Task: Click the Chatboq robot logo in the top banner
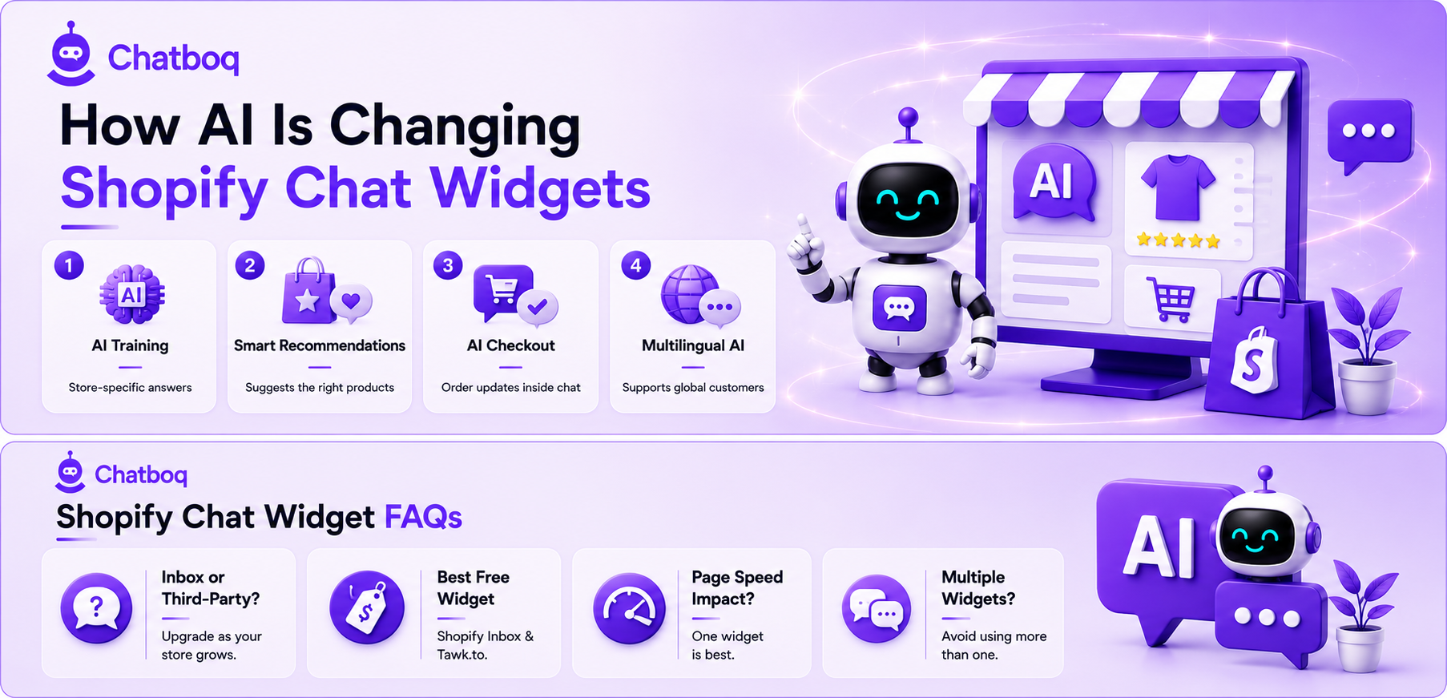pyautogui.click(x=71, y=54)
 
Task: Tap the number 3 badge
pyautogui.click(x=448, y=265)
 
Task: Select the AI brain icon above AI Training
pyautogui.click(x=132, y=295)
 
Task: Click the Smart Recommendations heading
pyautogui.click(x=320, y=345)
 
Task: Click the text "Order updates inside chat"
pyautogui.click(x=511, y=388)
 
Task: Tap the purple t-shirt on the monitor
pyautogui.click(x=1178, y=187)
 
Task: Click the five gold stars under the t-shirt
pyautogui.click(x=1178, y=240)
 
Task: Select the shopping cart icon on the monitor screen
pyautogui.click(x=1171, y=299)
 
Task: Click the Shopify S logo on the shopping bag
pyautogui.click(x=1252, y=360)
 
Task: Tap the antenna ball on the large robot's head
pyautogui.click(x=908, y=118)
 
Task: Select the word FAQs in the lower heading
pyautogui.click(x=423, y=517)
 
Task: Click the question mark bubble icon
pyautogui.click(x=96, y=608)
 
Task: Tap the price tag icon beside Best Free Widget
pyautogui.click(x=367, y=607)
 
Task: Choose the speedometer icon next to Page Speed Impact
pyautogui.click(x=629, y=609)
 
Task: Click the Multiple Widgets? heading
pyautogui.click(x=978, y=588)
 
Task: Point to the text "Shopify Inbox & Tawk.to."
pyautogui.click(x=486, y=645)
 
